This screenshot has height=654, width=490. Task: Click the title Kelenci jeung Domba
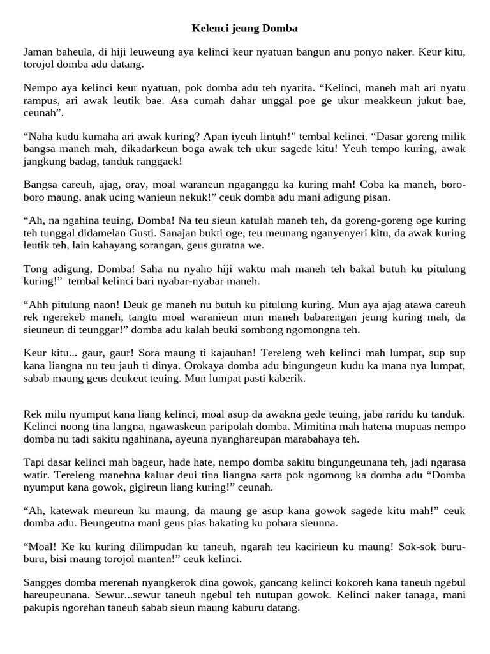245,29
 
